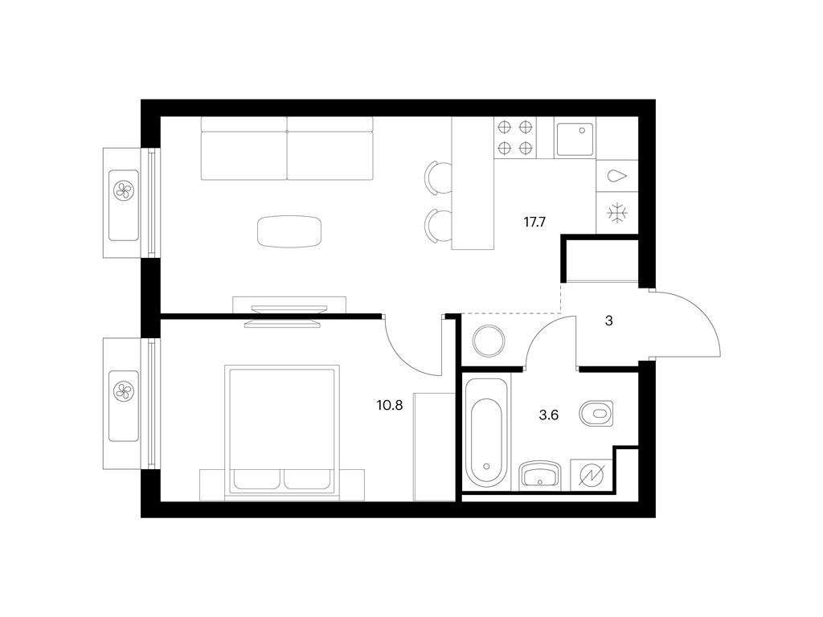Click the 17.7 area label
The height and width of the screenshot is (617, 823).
click(534, 222)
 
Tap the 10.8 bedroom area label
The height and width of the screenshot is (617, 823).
click(390, 405)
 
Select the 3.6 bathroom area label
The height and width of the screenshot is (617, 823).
click(548, 415)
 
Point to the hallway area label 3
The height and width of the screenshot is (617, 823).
click(609, 321)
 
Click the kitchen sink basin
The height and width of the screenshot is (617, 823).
click(575, 139)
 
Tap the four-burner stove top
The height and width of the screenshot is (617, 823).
click(515, 137)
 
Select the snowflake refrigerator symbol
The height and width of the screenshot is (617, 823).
click(616, 213)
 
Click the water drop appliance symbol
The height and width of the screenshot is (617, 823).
click(616, 176)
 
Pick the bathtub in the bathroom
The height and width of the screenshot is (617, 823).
click(485, 433)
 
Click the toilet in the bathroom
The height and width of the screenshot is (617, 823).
click(597, 414)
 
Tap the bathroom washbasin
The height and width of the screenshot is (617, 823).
click(540, 476)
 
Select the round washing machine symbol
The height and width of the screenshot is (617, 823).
click(489, 341)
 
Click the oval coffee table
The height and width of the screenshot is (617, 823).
click(289, 231)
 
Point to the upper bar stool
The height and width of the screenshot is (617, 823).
click(438, 178)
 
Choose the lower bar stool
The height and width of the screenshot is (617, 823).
click(438, 226)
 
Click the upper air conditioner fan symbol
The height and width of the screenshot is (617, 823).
click(125, 190)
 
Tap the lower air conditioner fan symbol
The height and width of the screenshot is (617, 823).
click(125, 391)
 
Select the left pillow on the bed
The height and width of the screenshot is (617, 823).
click(256, 479)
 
